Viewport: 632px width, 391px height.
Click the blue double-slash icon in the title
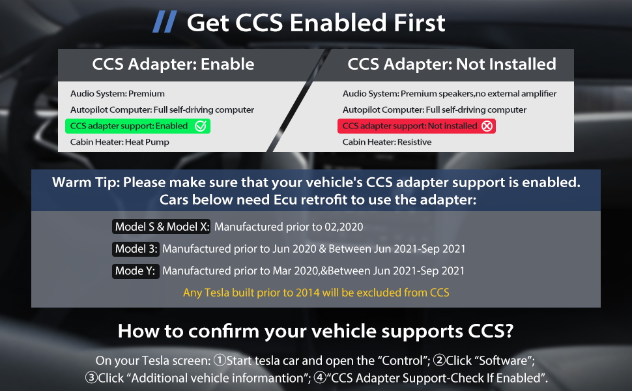[x=164, y=22]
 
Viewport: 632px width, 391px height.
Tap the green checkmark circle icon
[x=200, y=126]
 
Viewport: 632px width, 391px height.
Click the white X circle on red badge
[x=487, y=126]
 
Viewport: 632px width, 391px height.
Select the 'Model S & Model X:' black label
[x=161, y=227]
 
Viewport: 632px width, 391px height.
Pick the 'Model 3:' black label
[x=136, y=249]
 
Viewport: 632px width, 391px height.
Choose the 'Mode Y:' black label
[x=136, y=271]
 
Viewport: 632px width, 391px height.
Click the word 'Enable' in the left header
[x=227, y=64]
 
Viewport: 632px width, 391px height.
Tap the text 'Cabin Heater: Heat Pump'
[x=120, y=142]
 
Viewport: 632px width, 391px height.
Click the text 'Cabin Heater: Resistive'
[x=387, y=142]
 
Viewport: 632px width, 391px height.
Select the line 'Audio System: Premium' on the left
[x=117, y=94]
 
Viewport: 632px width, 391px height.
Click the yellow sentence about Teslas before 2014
[x=316, y=293]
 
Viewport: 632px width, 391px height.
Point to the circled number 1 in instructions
[x=220, y=360]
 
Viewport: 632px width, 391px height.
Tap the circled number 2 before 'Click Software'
[x=439, y=360]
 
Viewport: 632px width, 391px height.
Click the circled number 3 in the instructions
[x=91, y=378]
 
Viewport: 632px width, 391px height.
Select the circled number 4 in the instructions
[x=320, y=378]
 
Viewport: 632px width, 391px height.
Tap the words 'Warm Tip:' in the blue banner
[x=86, y=182]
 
